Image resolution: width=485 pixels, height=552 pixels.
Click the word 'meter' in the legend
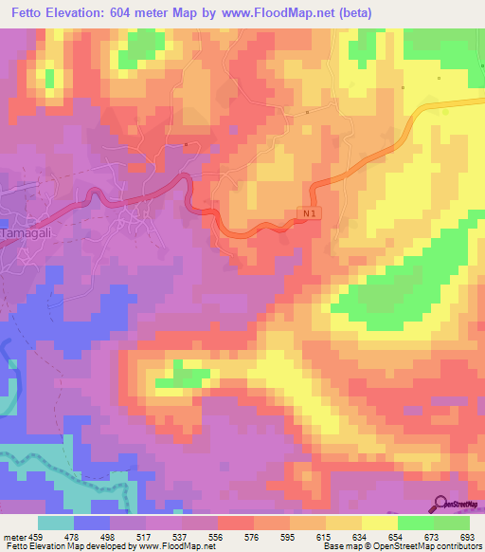14,536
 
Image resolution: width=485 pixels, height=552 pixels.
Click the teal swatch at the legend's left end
56,523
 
